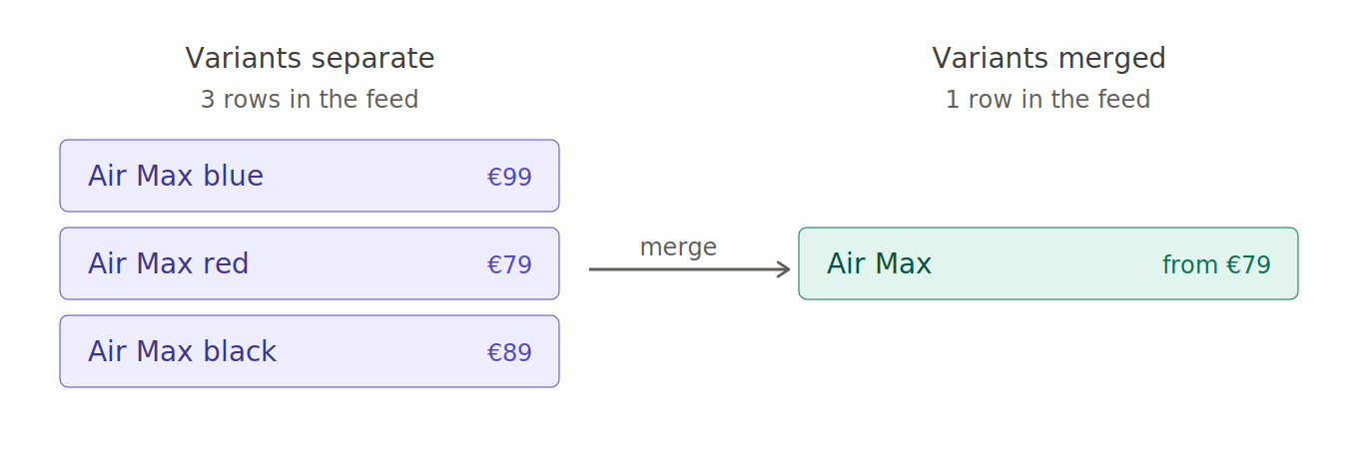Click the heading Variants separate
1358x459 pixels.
coord(310,59)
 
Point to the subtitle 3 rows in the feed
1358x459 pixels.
coord(310,100)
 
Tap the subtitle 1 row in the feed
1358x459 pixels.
coord(1048,100)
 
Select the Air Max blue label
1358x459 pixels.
coord(176,176)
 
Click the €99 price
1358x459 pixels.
coord(509,177)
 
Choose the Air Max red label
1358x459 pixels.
coord(169,263)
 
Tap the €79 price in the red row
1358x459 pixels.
coord(509,264)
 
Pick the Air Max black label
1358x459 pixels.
coord(183,351)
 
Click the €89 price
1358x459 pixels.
coord(509,352)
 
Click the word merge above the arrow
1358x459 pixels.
coord(678,247)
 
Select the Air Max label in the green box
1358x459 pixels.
coord(879,263)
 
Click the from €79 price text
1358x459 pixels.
coord(1216,264)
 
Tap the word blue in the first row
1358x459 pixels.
coord(234,176)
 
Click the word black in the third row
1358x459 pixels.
coord(240,351)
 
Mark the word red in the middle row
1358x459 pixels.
coord(226,263)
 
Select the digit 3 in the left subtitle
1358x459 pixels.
coord(208,100)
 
